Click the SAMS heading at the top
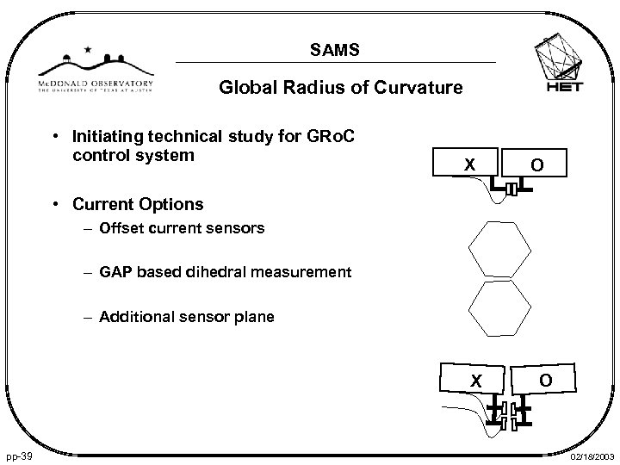337,53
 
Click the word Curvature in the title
422,88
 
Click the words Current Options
139,205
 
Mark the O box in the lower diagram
545,379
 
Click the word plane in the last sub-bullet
254,317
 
